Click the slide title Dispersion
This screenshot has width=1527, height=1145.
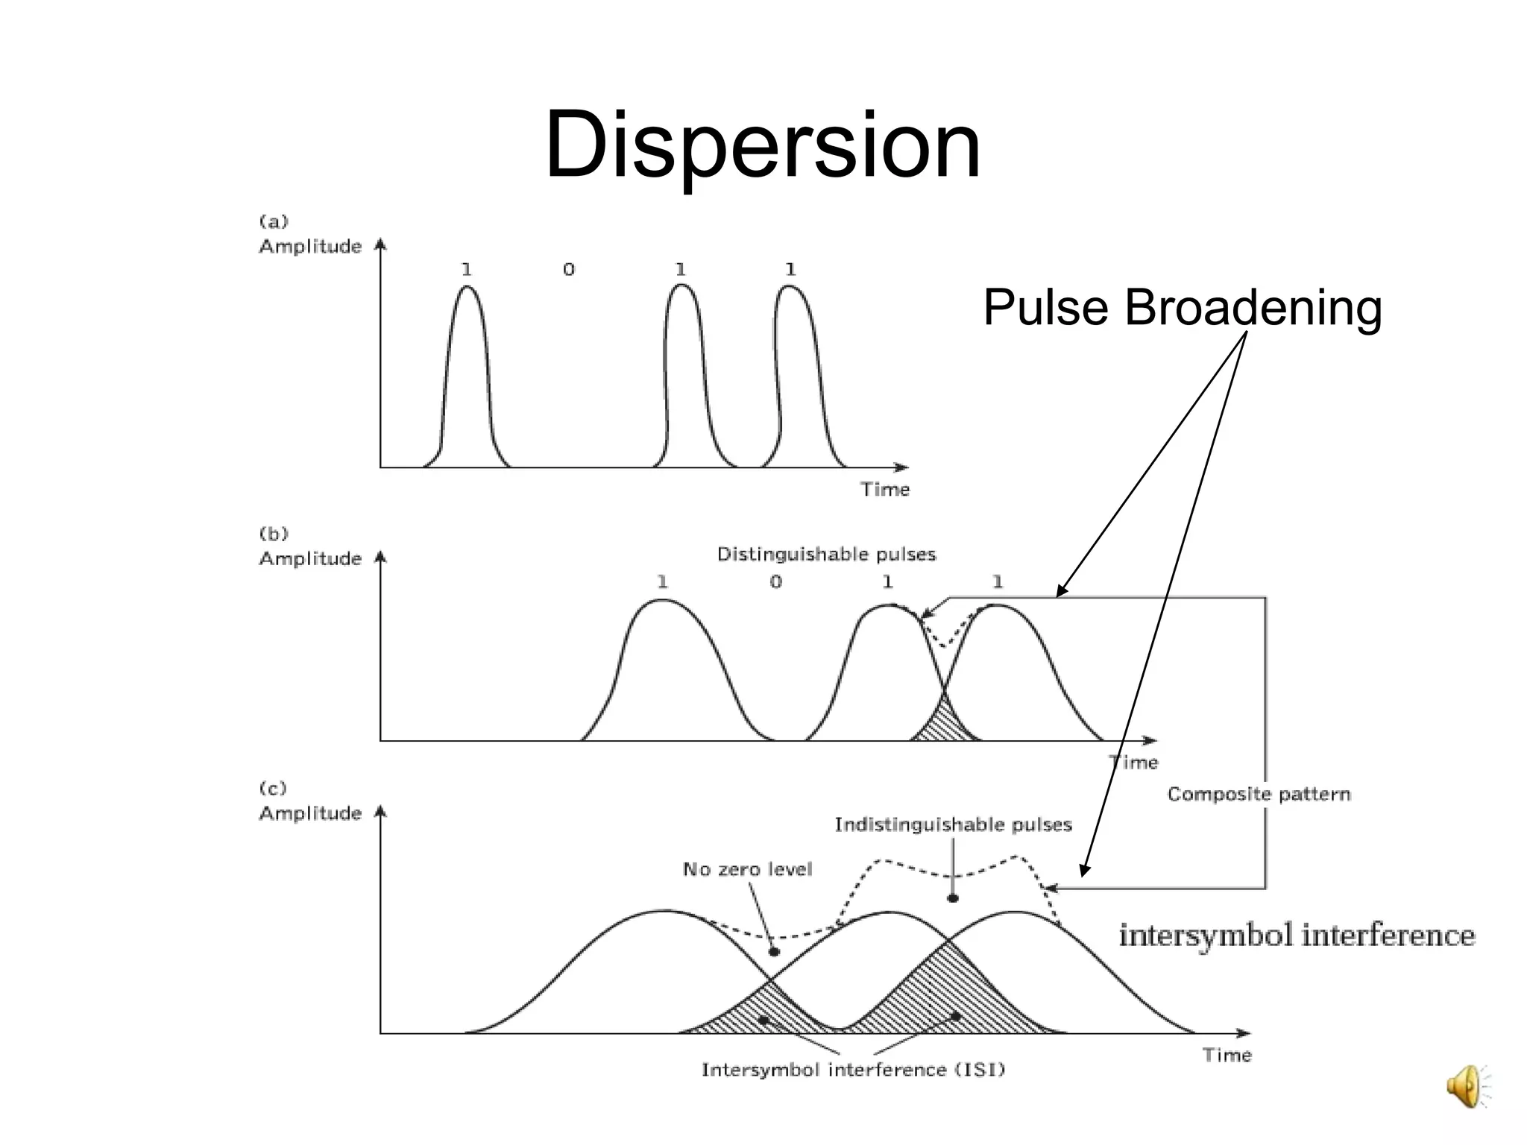(x=762, y=145)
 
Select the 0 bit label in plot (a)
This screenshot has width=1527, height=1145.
(x=569, y=269)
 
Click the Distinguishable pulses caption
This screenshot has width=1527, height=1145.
(x=826, y=554)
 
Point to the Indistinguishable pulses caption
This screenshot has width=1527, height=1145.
(x=953, y=824)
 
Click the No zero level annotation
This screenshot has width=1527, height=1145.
(x=747, y=869)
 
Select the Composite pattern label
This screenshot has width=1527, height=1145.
(x=1259, y=794)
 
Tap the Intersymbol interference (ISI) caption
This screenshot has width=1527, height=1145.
(x=853, y=1070)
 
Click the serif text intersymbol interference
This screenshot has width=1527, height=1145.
(x=1297, y=935)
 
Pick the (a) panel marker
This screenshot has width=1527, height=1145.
(x=274, y=221)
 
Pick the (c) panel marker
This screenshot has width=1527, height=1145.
(x=273, y=789)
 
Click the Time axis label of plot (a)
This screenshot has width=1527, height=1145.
(x=885, y=489)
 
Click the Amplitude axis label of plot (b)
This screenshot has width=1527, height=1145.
(x=310, y=558)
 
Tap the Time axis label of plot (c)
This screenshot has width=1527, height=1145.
(x=1227, y=1055)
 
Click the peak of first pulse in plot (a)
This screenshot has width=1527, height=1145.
(x=467, y=288)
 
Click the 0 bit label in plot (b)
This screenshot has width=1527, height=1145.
(x=776, y=581)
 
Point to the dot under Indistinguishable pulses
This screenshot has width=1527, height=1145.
(x=953, y=898)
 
